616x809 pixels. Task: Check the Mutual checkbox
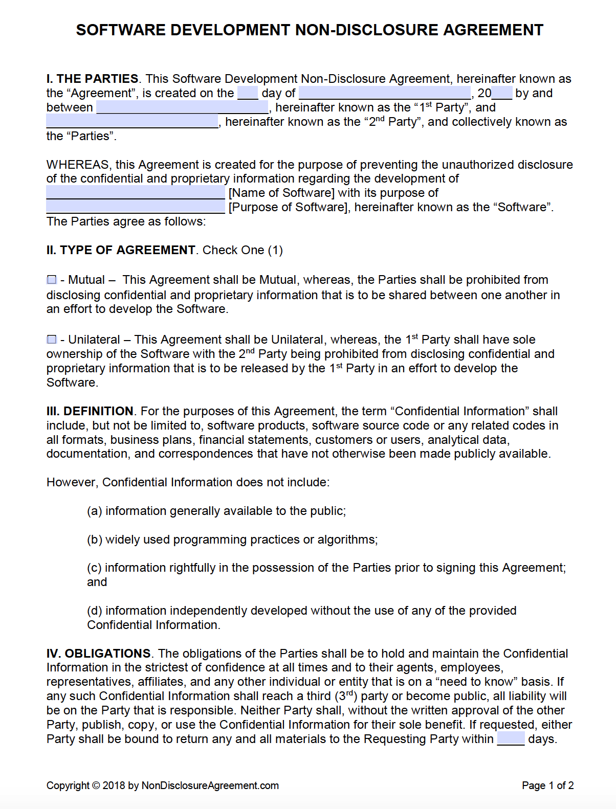point(52,280)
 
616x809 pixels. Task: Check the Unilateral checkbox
point(52,340)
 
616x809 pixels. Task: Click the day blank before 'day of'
point(248,93)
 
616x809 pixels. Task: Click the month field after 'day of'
point(384,93)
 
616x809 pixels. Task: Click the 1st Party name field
point(182,107)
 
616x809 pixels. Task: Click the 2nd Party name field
point(132,122)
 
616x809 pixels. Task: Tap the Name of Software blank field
point(136,193)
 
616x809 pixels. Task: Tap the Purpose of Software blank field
point(136,207)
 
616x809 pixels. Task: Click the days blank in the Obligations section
point(511,738)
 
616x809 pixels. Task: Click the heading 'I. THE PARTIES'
point(92,79)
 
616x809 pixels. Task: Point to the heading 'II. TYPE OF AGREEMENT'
point(121,250)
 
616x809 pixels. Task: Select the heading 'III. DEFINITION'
point(90,411)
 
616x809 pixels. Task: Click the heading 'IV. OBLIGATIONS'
point(98,654)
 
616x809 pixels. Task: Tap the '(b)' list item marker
point(95,540)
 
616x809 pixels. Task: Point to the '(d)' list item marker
point(95,611)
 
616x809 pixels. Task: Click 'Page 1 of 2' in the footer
point(547,785)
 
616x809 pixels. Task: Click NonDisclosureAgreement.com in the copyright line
point(210,785)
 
